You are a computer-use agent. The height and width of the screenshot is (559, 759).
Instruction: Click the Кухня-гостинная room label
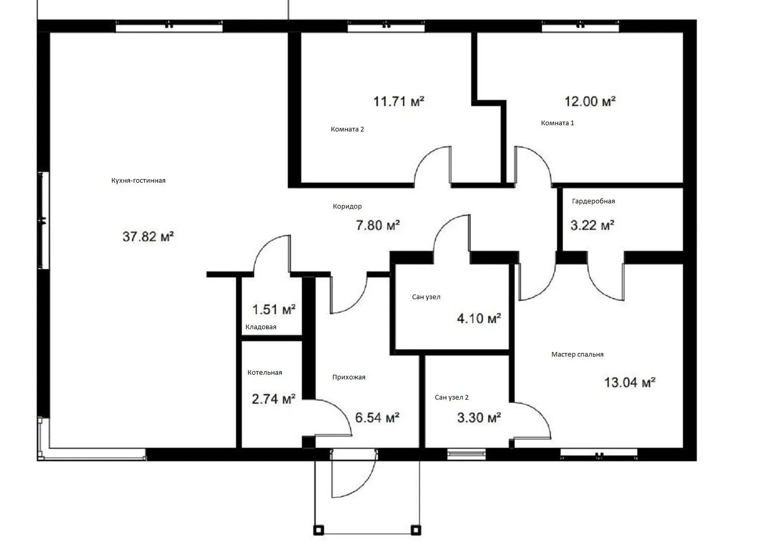coord(138,181)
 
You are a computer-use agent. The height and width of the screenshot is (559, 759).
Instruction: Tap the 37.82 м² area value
coord(149,237)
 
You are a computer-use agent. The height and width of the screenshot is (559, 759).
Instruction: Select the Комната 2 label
coord(347,129)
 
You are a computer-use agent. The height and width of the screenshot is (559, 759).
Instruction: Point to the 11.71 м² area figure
coord(399,101)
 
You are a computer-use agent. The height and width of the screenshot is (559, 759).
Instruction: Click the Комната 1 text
coord(558,123)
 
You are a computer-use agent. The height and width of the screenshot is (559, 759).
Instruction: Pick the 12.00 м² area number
coord(590,101)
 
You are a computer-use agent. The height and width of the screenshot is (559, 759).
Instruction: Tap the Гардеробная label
coord(593,201)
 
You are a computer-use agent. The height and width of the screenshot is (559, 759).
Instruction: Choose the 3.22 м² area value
coord(592,225)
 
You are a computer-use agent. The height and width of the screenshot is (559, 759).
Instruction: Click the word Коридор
coord(347,207)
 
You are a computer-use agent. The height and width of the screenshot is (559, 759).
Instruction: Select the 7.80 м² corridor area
coord(378,225)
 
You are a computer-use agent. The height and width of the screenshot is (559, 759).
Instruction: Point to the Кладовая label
coord(261,327)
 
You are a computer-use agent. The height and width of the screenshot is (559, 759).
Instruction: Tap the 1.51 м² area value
coord(274,310)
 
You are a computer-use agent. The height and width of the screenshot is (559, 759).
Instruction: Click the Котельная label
coord(265,373)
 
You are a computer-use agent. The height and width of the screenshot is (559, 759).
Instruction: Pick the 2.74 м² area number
coord(273,399)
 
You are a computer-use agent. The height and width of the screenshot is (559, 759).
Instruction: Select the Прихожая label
coord(348,377)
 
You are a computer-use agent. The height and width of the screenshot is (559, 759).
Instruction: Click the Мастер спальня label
coord(577,355)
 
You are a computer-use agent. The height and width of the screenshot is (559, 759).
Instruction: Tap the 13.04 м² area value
coord(630,383)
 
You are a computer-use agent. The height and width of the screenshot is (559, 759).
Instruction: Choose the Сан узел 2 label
coord(451,398)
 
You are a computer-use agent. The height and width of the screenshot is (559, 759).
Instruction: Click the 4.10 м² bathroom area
coord(479,318)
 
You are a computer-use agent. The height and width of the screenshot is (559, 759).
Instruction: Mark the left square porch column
coord(318,530)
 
